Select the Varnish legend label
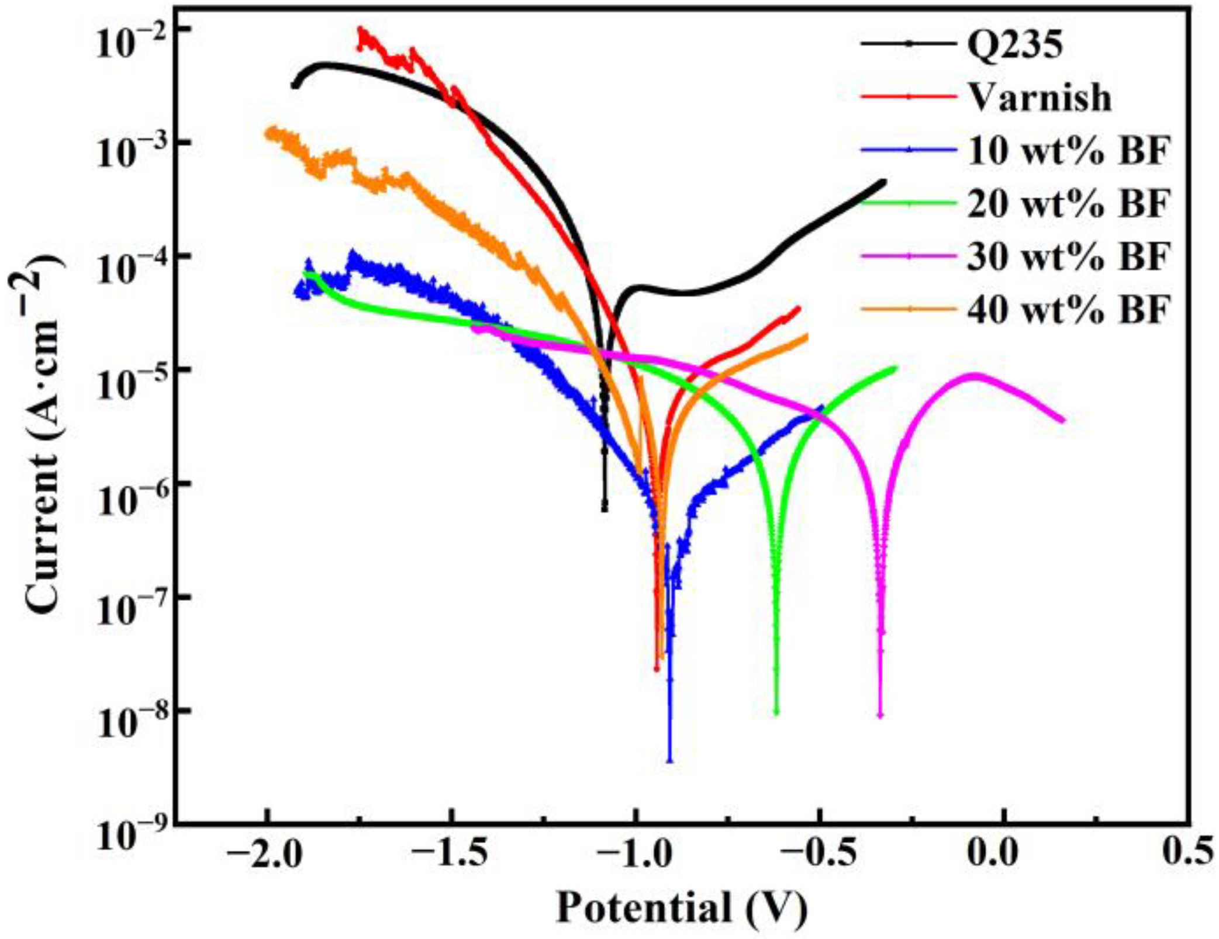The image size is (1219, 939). coord(1040,97)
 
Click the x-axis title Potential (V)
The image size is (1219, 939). coord(681,907)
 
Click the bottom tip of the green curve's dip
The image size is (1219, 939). coord(776,712)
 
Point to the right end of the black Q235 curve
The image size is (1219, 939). coord(883,182)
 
